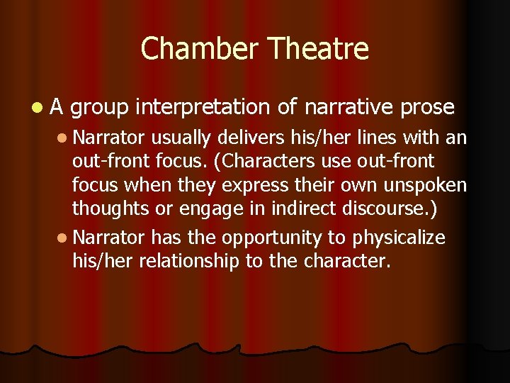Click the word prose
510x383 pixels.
click(426, 108)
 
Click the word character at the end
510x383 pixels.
click(347, 260)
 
